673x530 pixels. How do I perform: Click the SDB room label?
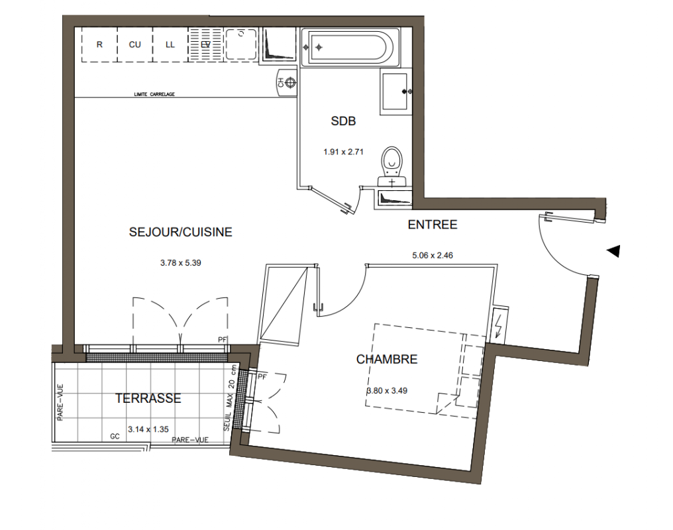tap(343, 121)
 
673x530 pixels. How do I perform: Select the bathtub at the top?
tap(350, 47)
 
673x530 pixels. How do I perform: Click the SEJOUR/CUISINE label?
tap(181, 232)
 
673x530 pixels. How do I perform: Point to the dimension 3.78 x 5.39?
tap(181, 262)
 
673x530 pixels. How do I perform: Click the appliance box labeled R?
tap(99, 44)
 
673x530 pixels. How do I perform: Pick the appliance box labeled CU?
tap(134, 44)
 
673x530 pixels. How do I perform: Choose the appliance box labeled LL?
tap(170, 44)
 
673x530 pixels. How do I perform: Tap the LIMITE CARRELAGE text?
tap(154, 94)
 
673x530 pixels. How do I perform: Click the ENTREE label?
tap(433, 225)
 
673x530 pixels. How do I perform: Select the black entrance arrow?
tap(613, 251)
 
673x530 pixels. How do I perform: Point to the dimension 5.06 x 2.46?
tap(433, 255)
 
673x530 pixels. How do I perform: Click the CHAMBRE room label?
tap(387, 359)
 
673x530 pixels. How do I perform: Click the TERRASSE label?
tap(148, 398)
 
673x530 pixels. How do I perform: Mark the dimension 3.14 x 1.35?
tap(148, 429)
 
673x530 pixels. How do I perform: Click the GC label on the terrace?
tap(115, 437)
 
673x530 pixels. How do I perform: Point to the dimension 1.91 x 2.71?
tap(343, 152)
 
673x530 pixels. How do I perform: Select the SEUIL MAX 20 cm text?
tap(230, 398)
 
